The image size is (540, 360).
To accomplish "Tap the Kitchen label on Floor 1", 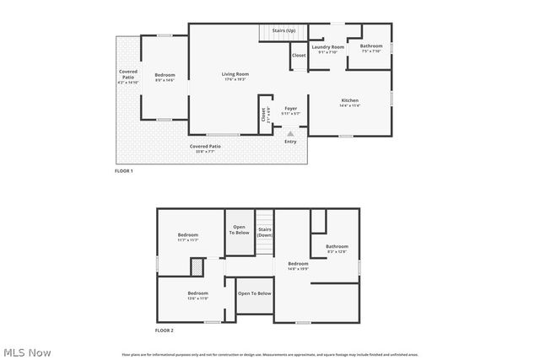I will point(349,103).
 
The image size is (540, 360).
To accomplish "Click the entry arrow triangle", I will point(290,133).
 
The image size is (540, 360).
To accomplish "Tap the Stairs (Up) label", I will point(285,30).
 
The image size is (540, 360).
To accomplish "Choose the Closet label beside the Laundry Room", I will point(299,56).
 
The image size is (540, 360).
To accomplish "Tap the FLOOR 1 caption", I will point(124,171).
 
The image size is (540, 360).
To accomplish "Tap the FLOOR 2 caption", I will point(164,331).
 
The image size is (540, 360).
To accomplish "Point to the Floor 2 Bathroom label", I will point(337,249).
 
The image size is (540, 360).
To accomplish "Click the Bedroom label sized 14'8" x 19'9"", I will point(298,266).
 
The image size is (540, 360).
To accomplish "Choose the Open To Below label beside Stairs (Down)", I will point(239,229).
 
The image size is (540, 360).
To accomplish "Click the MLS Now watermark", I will point(27,352).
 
